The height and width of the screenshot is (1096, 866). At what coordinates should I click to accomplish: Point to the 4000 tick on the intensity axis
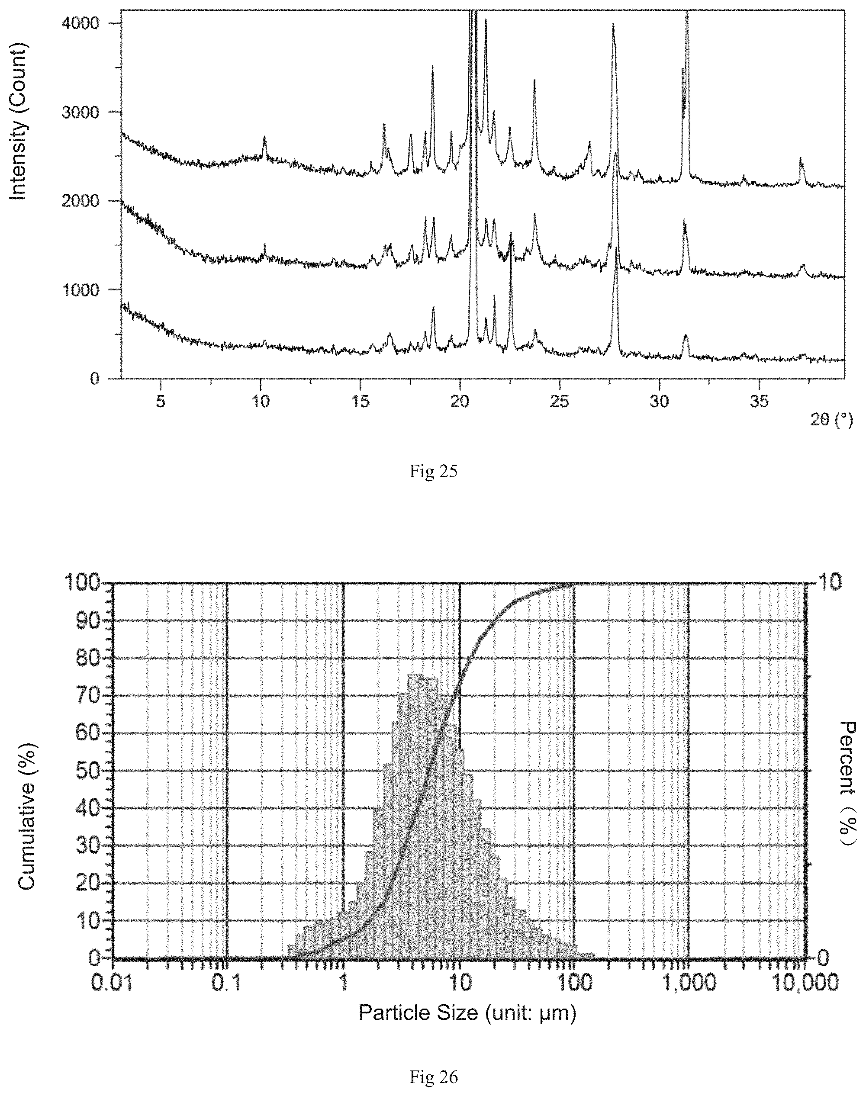click(x=116, y=23)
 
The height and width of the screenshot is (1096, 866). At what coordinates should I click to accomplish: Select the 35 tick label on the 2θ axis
click(x=759, y=402)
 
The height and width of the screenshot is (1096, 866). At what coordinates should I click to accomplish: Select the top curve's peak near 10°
click(x=264, y=138)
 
